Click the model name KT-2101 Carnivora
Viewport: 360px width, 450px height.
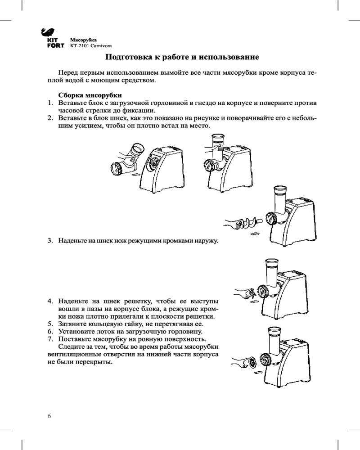90,46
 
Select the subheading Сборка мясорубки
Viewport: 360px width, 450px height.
90,95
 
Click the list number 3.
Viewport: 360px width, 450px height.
51,241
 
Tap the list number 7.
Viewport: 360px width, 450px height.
51,339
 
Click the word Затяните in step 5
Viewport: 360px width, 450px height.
72,324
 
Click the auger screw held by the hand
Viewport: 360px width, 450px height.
249,222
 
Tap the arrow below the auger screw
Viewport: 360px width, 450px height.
254,234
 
